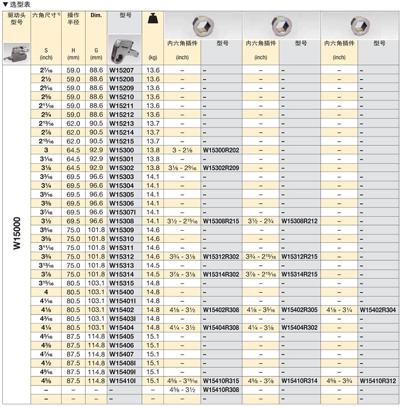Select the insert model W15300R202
click(221, 150)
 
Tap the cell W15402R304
click(378, 309)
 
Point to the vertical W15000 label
click(16, 234)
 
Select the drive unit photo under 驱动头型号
click(16, 51)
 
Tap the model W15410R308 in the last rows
click(221, 389)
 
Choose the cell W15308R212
click(299, 221)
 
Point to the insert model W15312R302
click(221, 257)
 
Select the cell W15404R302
click(299, 327)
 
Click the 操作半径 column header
click(73, 19)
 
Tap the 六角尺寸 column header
click(46, 16)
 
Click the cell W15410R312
click(378, 381)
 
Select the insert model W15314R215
click(299, 274)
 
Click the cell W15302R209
click(221, 168)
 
